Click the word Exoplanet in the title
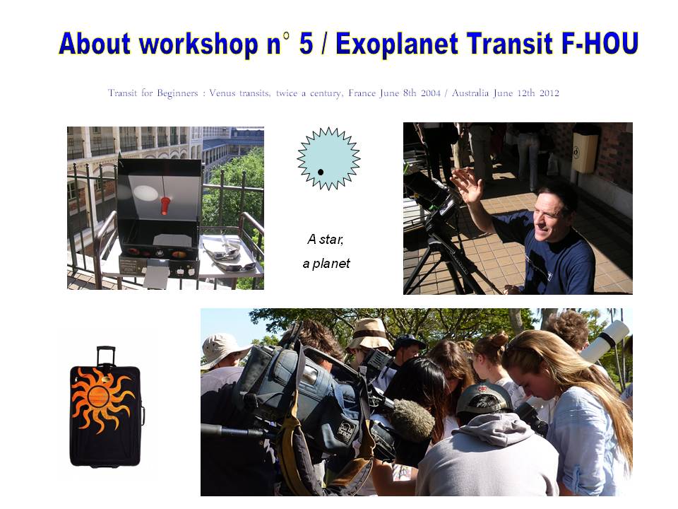pyautogui.click(x=396, y=44)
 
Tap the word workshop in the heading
pyautogui.click(x=198, y=44)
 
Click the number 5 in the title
pyautogui.click(x=306, y=44)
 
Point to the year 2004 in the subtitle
pyautogui.click(x=430, y=93)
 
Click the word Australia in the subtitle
pyautogui.click(x=470, y=93)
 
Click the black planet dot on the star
pyautogui.click(x=321, y=172)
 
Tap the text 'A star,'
pyautogui.click(x=325, y=240)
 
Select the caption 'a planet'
pyautogui.click(x=326, y=264)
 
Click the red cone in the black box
pyautogui.click(x=165, y=206)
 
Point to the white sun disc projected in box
pyautogui.click(x=145, y=193)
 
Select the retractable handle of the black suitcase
pyautogui.click(x=106, y=356)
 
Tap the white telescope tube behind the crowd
pyautogui.click(x=605, y=341)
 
